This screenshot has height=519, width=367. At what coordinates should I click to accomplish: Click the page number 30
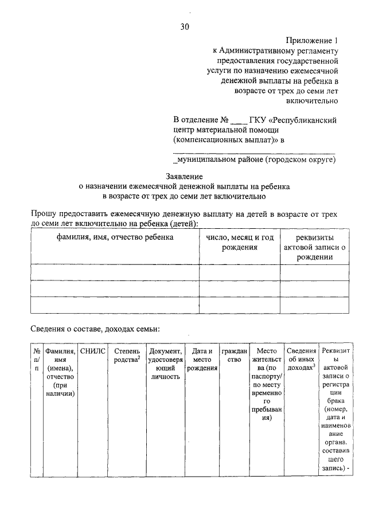[x=184, y=26]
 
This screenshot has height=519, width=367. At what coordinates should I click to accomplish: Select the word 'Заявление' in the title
[x=184, y=177]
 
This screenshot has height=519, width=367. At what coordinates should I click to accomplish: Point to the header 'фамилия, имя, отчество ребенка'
[x=115, y=237]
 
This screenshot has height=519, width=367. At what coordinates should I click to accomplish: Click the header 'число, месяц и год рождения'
[x=240, y=242]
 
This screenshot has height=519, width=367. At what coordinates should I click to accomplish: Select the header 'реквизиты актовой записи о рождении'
[x=315, y=247]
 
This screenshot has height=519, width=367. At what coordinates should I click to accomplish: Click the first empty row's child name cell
[x=115, y=272]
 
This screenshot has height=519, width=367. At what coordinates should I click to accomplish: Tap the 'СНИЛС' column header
[x=93, y=351]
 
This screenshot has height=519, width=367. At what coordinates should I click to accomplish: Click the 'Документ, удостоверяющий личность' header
[x=166, y=364]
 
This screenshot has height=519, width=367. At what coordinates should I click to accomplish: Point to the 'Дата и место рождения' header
[x=202, y=359]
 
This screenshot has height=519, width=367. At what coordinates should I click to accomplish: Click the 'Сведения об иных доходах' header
[x=302, y=359]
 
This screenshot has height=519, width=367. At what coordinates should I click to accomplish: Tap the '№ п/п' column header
[x=37, y=359]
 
